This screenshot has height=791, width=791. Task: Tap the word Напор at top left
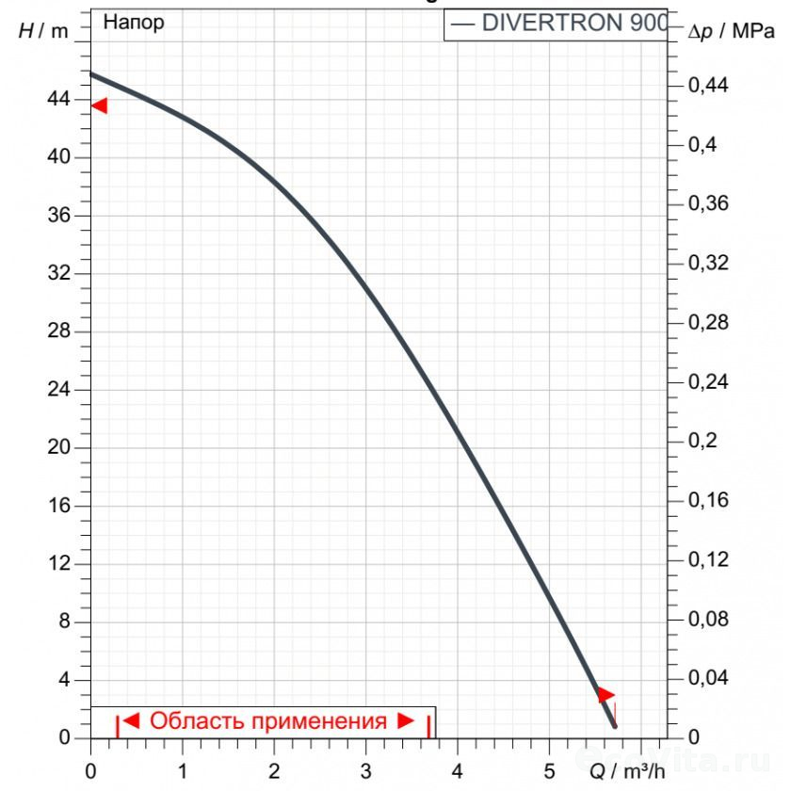(133, 23)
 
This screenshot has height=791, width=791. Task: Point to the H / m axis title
(44, 30)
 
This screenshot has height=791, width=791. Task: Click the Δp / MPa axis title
(732, 31)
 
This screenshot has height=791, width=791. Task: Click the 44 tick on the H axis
(59, 99)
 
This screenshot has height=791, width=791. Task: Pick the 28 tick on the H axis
(59, 331)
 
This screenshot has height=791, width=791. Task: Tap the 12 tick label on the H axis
(59, 564)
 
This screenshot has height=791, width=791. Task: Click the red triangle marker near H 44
(99, 105)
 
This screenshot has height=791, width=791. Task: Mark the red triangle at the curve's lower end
(605, 695)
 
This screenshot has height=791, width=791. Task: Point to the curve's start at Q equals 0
(91, 73)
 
